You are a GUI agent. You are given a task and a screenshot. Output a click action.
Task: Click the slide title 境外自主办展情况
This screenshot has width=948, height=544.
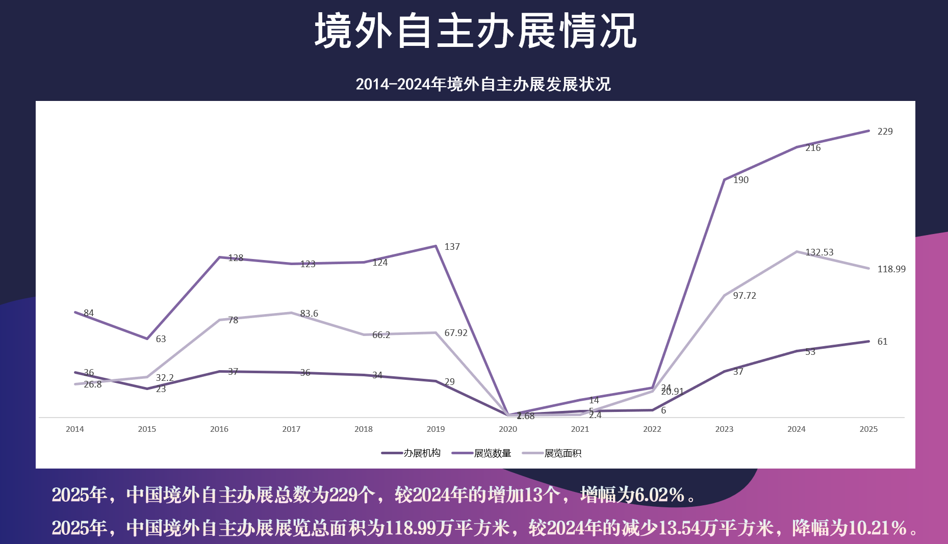[x=475, y=32]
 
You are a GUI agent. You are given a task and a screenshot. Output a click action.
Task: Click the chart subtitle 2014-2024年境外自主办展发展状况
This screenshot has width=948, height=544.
[x=483, y=84]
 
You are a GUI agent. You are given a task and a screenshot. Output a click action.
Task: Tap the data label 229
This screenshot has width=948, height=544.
[x=885, y=132]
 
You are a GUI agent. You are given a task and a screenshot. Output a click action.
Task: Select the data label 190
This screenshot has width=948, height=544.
[x=740, y=180]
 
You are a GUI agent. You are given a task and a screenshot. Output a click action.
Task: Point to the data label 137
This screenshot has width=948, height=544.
[x=452, y=247]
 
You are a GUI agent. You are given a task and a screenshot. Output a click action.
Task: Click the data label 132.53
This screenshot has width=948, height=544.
[x=819, y=252]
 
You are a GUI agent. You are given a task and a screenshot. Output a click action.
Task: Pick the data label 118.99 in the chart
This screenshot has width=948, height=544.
[x=891, y=269]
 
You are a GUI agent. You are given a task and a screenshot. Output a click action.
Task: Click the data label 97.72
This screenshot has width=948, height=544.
[x=744, y=296]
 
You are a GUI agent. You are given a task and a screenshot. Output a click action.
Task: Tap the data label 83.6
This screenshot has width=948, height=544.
[x=309, y=314]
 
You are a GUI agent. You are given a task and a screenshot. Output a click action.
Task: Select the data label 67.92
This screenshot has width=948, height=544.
[x=455, y=333]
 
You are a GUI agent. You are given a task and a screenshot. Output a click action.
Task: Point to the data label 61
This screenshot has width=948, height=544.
[x=882, y=342]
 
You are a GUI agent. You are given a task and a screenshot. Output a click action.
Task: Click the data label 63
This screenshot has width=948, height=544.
[x=161, y=339]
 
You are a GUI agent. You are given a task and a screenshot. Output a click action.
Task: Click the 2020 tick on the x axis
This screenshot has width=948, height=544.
[x=507, y=429]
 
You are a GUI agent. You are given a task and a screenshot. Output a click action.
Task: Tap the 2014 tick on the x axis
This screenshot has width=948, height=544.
[x=75, y=429]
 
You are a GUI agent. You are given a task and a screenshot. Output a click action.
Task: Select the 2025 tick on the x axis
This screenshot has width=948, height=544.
[x=868, y=429]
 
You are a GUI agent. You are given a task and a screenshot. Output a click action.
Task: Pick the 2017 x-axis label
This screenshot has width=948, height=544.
[x=291, y=429]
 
